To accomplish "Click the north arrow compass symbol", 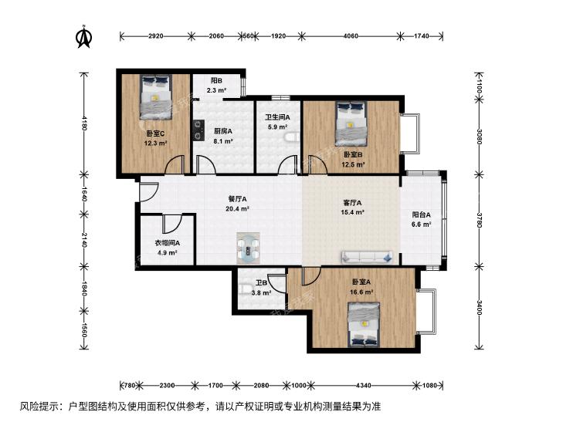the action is pyautogui.click(x=84, y=36).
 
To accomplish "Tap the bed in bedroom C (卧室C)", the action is pyautogui.click(x=156, y=97).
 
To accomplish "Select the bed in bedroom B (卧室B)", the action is pyautogui.click(x=351, y=123).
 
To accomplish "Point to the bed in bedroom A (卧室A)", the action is pyautogui.click(x=364, y=325).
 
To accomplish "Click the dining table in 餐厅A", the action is pyautogui.click(x=248, y=248).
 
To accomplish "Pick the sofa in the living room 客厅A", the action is pyautogui.click(x=367, y=257).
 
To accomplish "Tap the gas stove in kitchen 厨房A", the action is pyautogui.click(x=198, y=130).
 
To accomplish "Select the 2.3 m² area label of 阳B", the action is pyautogui.click(x=216, y=91).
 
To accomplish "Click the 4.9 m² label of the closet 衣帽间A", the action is pyautogui.click(x=168, y=253).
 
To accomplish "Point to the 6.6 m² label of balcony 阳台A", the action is pyautogui.click(x=421, y=225).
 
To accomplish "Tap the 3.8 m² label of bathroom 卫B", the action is pyautogui.click(x=261, y=293).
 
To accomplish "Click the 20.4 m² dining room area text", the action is pyautogui.click(x=237, y=208).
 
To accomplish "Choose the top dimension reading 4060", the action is pyautogui.click(x=351, y=35).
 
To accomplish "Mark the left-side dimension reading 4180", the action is pyautogui.click(x=83, y=123).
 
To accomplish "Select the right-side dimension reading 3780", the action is pyautogui.click(x=479, y=220).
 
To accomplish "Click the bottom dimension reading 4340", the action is pyautogui.click(x=364, y=386).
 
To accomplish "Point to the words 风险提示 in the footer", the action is pyautogui.click(x=36, y=407).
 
